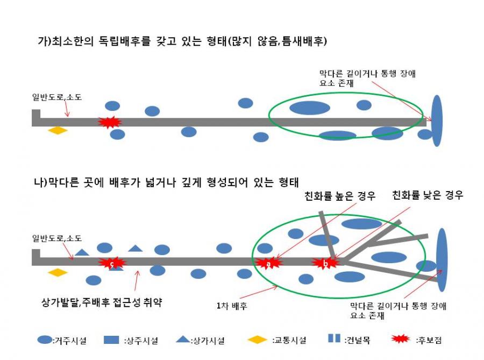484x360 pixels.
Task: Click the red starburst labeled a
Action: pyautogui.click(x=268, y=263)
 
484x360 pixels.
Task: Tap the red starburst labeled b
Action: pyautogui.click(x=325, y=263)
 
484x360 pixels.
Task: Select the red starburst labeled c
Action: pyautogui.click(x=112, y=263)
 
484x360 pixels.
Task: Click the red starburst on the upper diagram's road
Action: pyautogui.click(x=110, y=122)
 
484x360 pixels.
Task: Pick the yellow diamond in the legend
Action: pyautogui.click(x=258, y=340)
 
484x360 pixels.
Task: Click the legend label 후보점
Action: pyautogui.click(x=429, y=340)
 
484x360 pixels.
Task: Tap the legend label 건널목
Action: pyautogui.click(x=357, y=340)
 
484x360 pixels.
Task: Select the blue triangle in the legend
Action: pyautogui.click(x=183, y=339)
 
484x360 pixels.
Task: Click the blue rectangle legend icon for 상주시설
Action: pyautogui.click(x=111, y=340)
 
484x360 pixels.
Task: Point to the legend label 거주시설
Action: pyautogui.click(x=69, y=341)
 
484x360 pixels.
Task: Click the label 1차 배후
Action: pyautogui.click(x=232, y=306)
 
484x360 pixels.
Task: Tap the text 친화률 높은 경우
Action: pyautogui.click(x=340, y=196)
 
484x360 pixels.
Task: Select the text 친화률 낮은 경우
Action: pyautogui.click(x=428, y=195)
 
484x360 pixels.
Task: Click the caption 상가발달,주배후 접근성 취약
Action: pyautogui.click(x=102, y=302)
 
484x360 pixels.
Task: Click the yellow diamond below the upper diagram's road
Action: pyautogui.click(x=58, y=130)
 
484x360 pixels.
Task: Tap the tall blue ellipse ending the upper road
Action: pyautogui.click(x=437, y=121)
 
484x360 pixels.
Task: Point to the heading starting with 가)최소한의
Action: pyautogui.click(x=182, y=41)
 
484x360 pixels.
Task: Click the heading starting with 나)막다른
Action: pyautogui.click(x=166, y=182)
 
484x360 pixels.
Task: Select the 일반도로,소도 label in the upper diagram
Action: pyautogui.click(x=57, y=97)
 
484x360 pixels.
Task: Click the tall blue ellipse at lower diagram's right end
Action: pyautogui.click(x=442, y=260)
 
